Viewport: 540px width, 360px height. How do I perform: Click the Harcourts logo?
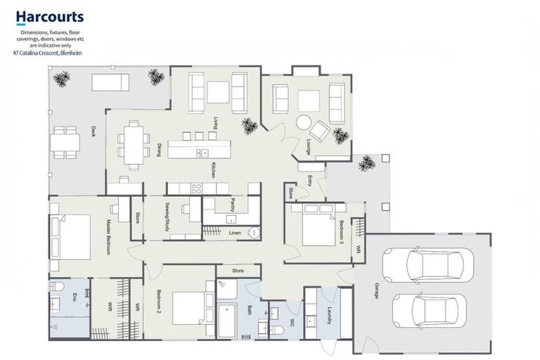49,17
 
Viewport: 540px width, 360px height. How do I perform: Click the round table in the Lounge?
304,122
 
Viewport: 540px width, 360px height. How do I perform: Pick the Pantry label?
232,205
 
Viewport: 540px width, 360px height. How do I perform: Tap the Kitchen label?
212,169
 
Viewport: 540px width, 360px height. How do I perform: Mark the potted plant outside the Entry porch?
366,165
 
